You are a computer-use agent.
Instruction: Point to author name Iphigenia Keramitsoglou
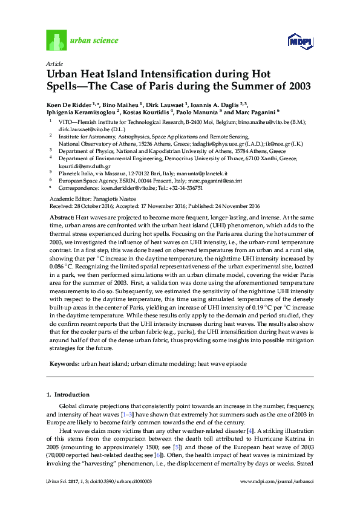tap(81, 112)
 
